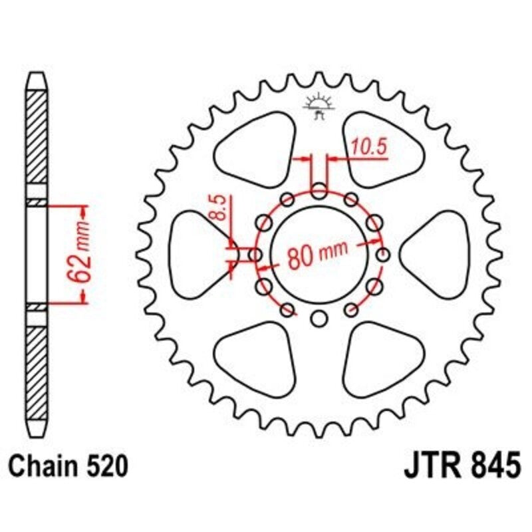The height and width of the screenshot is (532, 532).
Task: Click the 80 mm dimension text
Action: [318, 254]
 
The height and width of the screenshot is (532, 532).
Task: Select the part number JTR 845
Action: [461, 465]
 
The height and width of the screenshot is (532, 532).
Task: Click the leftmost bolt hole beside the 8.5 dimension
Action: [255, 255]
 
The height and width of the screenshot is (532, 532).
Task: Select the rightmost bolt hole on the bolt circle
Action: [382, 255]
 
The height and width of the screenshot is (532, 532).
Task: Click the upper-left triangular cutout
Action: [257, 146]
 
